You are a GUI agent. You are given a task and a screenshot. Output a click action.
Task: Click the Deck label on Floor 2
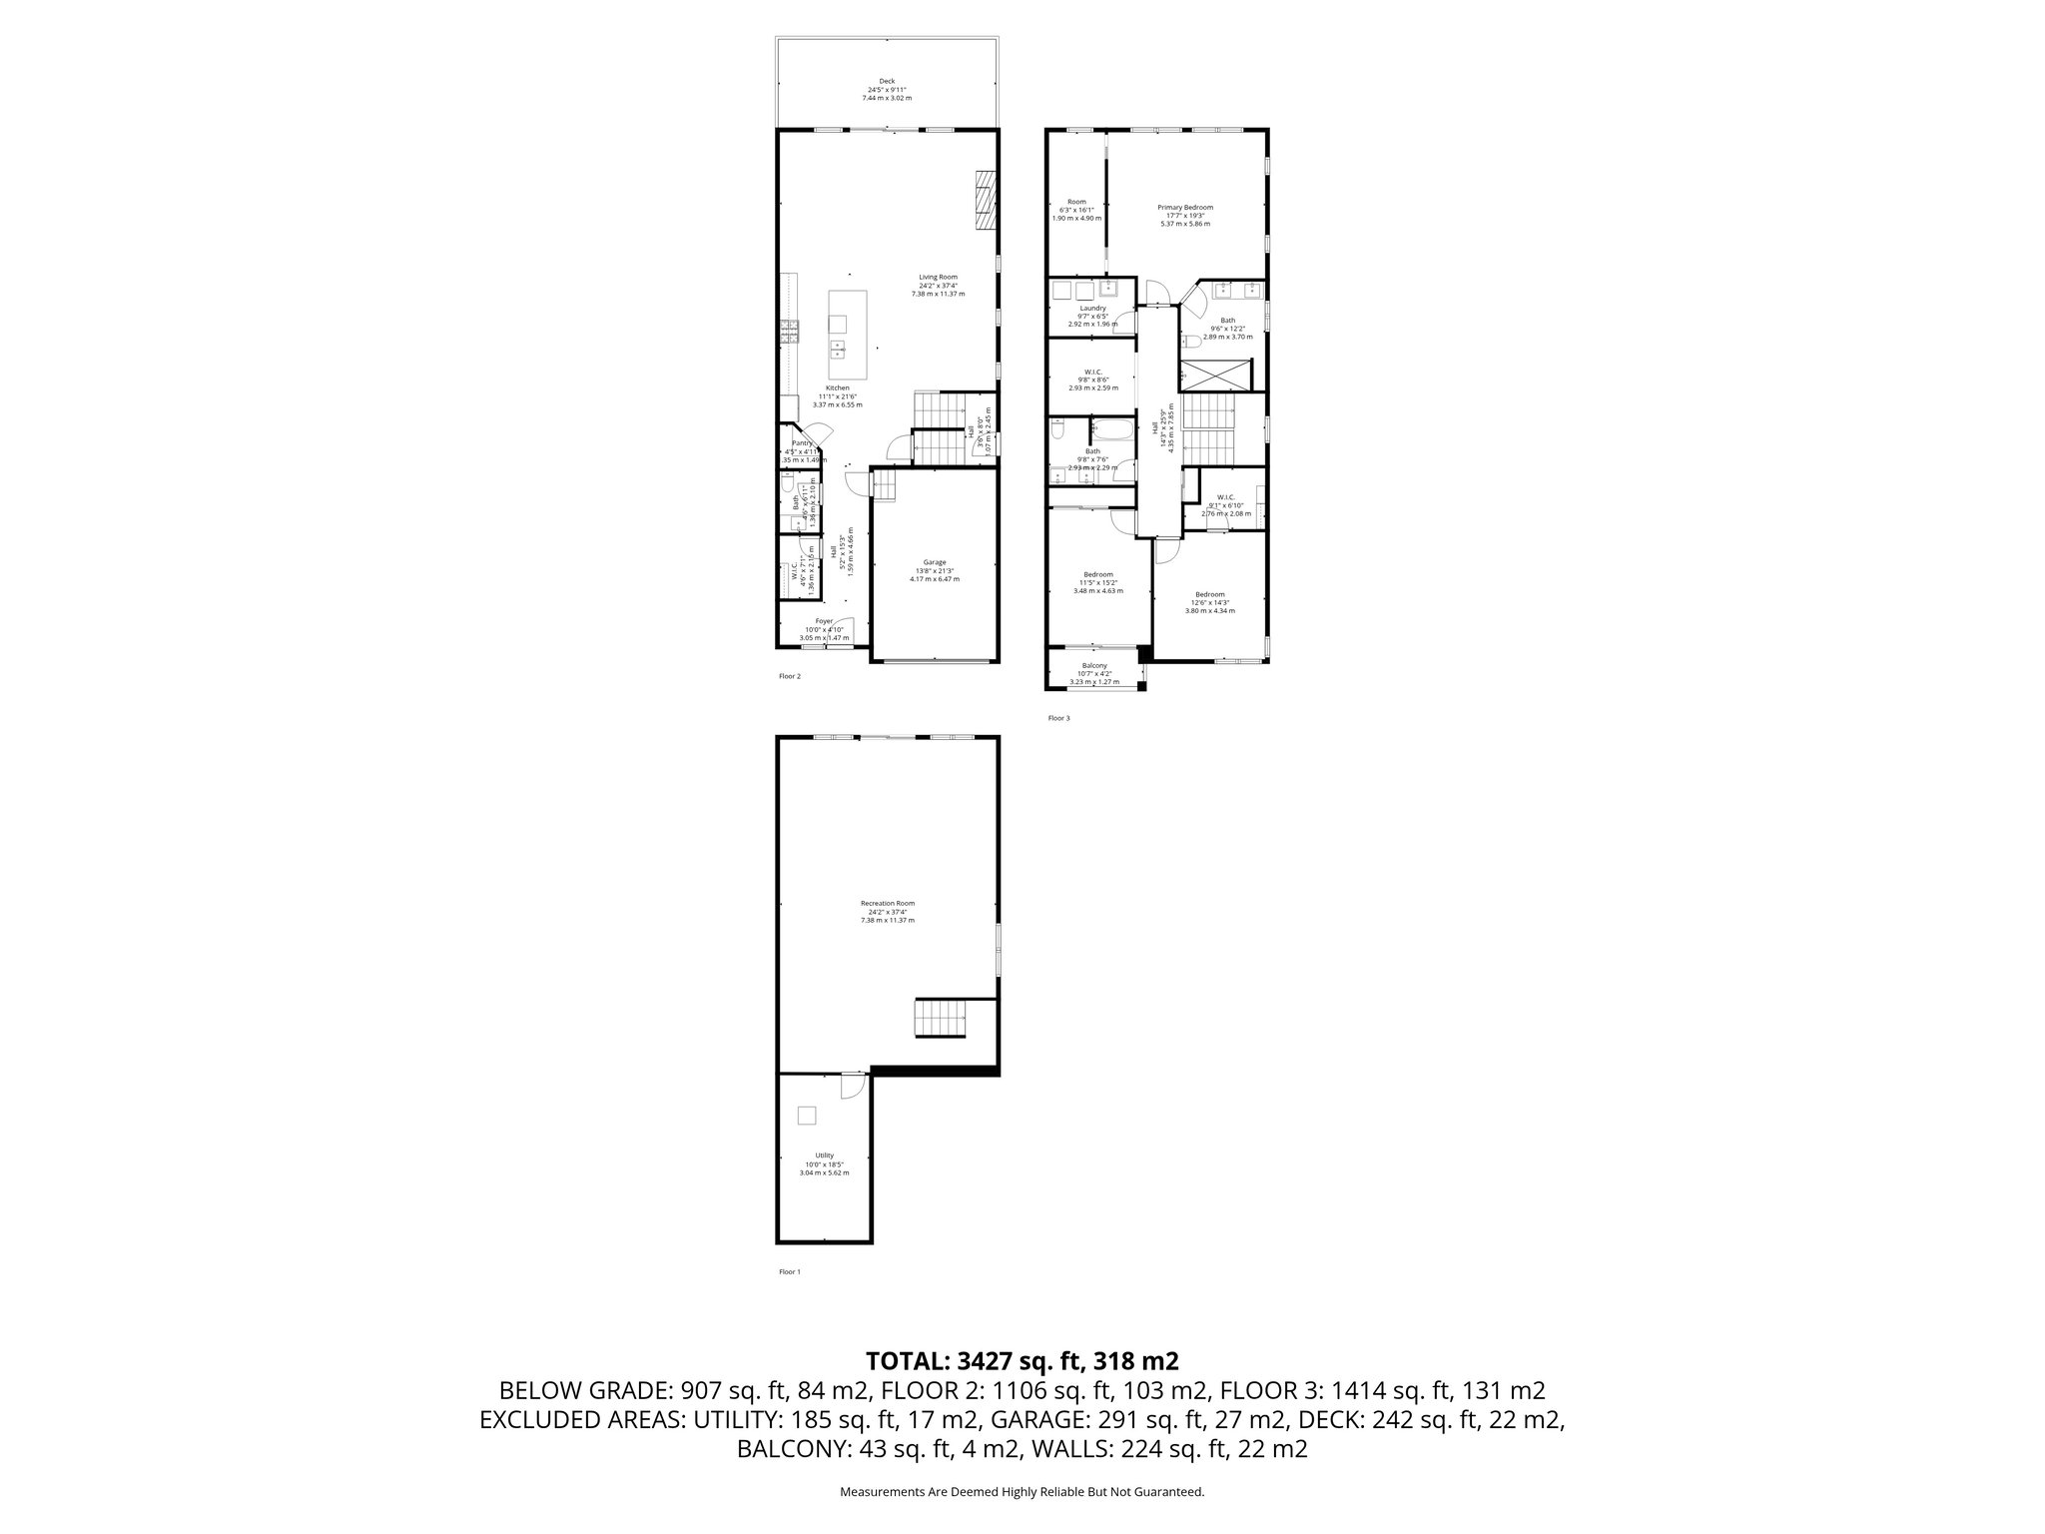point(887,81)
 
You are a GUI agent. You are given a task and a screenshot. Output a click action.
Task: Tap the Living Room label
point(938,277)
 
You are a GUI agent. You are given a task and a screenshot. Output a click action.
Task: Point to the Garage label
point(934,562)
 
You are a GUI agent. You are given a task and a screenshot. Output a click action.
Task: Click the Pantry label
point(802,443)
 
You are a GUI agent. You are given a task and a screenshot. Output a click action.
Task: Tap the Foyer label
point(824,621)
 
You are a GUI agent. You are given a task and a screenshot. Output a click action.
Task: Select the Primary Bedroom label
point(1185,207)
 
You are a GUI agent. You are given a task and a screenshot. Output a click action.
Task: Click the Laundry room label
point(1092,309)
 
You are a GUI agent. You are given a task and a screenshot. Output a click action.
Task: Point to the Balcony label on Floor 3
point(1094,665)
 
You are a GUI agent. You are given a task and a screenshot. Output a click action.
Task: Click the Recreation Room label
point(887,903)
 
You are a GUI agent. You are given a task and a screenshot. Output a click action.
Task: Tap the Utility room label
point(824,1155)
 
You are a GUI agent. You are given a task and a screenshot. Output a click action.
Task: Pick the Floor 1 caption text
point(789,1272)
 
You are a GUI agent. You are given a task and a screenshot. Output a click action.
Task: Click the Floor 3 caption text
point(1058,718)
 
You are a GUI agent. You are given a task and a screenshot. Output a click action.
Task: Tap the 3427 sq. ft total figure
point(1010,1361)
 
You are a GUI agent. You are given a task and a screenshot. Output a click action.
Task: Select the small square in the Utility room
point(807,1116)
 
